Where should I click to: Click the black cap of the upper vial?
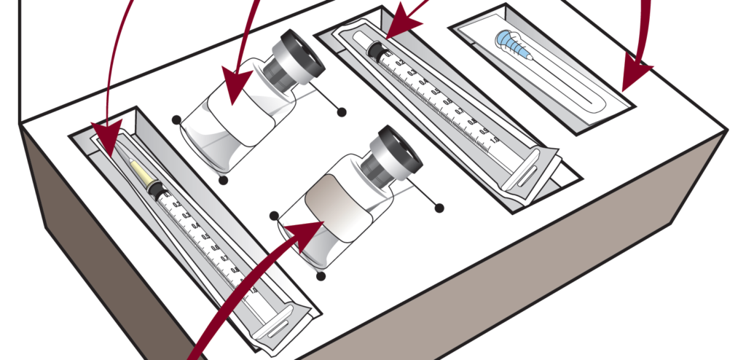point(296,59)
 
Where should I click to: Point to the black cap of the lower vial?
point(393,156)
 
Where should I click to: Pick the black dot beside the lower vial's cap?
point(439,208)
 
